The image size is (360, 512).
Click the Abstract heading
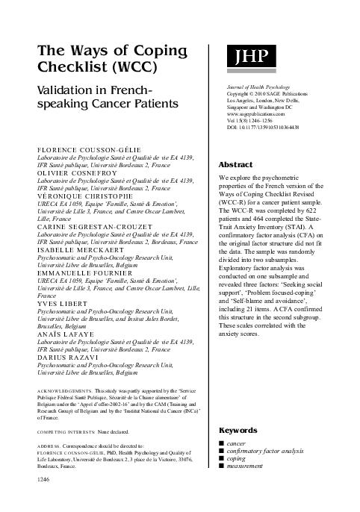click(235, 163)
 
